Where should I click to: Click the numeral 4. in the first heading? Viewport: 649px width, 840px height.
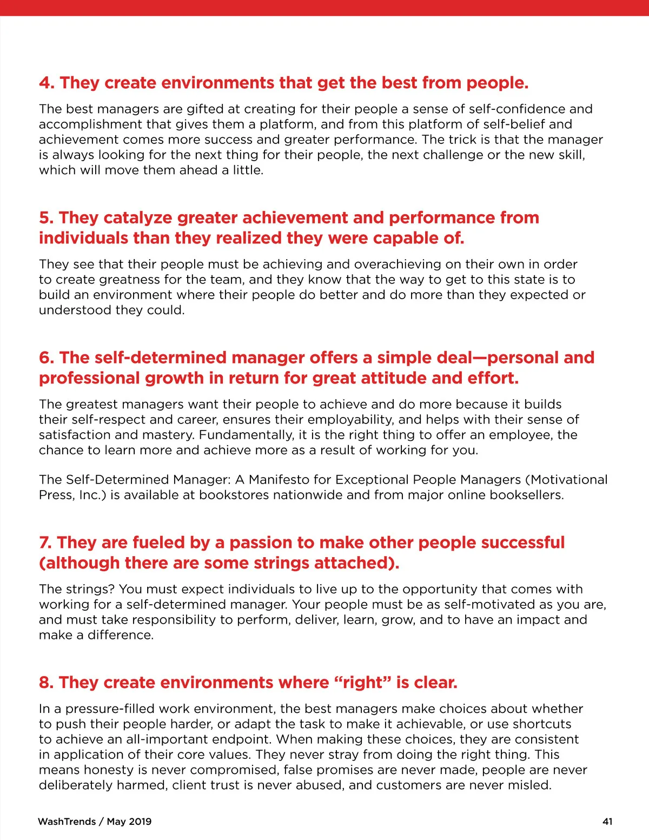pos(47,83)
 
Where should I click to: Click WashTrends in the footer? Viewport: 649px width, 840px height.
pos(67,822)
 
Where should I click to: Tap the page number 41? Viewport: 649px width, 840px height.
pos(607,822)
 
